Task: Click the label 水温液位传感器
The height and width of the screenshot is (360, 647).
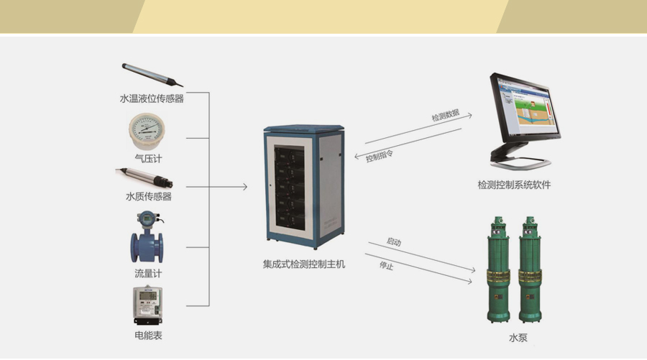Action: pos(152,99)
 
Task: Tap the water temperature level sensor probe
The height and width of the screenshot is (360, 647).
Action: pos(151,75)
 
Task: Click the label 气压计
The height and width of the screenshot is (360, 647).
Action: pos(148,159)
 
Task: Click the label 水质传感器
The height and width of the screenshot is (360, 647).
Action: pos(149,196)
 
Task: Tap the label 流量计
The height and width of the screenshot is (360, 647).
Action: pos(148,274)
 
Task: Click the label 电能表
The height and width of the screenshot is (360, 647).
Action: pos(148,335)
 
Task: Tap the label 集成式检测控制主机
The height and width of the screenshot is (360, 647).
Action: pos(304,264)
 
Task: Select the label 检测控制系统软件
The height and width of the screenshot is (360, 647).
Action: pos(514,185)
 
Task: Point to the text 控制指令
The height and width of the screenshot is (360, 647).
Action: pos(380,155)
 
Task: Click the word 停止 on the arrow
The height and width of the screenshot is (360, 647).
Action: pos(387,267)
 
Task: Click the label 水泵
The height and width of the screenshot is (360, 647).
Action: pos(518,337)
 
